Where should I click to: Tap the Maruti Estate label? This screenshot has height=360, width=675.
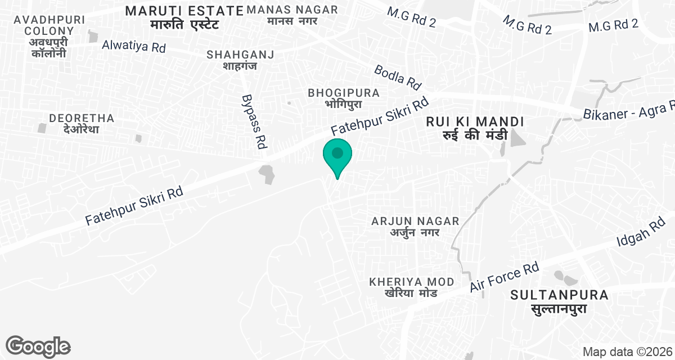[x=184, y=17]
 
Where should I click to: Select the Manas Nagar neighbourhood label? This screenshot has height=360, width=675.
[x=292, y=15]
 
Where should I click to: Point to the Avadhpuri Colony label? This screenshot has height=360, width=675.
[x=49, y=36]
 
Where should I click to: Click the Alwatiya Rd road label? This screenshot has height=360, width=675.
[x=134, y=46]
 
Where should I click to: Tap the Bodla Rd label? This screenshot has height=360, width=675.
[x=398, y=76]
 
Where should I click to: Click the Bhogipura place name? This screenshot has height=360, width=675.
[x=344, y=98]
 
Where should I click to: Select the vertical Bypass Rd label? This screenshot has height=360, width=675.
[x=254, y=121]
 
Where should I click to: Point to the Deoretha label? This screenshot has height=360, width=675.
[x=82, y=123]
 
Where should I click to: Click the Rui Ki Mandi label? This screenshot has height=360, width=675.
[x=475, y=128]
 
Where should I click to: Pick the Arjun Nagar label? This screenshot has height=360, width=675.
[x=415, y=226]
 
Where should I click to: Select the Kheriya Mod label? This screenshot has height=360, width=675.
[x=411, y=287]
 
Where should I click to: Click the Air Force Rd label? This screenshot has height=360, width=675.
[x=505, y=277]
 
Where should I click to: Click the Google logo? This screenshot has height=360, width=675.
[x=38, y=346]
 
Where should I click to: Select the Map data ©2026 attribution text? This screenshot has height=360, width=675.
[x=626, y=352]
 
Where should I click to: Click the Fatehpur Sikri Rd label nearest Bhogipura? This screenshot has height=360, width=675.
[x=380, y=116]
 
